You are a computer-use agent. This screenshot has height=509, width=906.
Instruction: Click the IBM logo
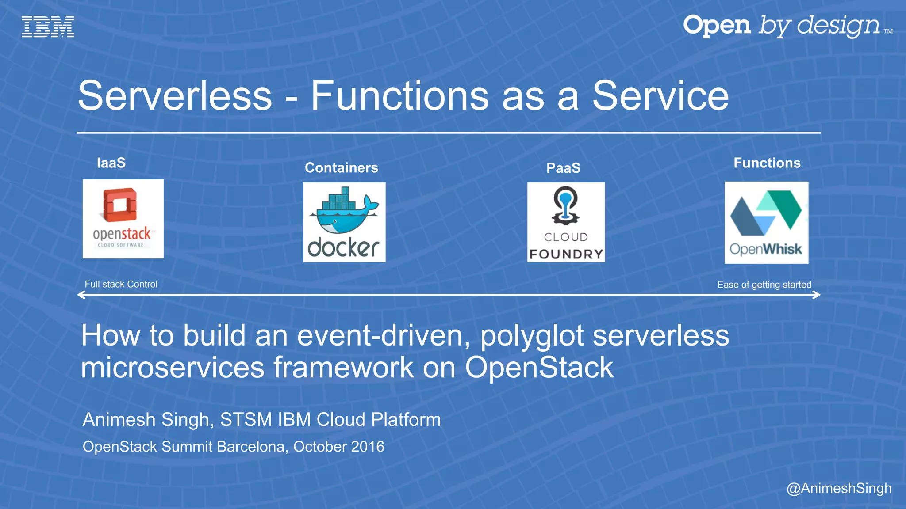pos(48,27)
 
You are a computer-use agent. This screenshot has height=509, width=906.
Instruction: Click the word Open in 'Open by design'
pos(717,26)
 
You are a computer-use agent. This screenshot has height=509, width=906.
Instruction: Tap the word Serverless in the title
pos(175,96)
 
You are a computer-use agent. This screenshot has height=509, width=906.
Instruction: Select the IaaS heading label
pos(111,163)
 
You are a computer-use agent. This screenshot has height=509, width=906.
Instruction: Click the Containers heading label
pos(341,168)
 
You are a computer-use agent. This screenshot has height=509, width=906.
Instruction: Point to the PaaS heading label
pos(563,168)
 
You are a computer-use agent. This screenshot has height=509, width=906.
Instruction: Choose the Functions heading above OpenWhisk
pos(767,163)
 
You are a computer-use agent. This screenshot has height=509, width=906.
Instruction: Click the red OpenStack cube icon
pos(119,205)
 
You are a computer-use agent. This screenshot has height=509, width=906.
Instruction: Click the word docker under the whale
pos(344,247)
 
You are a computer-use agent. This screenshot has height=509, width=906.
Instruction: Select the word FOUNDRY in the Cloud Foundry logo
pos(566,254)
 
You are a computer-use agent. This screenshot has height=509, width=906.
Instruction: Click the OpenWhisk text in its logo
pos(765,249)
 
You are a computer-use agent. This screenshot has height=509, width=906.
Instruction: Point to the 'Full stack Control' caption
pos(121,285)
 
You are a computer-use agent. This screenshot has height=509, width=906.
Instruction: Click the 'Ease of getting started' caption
pos(764,285)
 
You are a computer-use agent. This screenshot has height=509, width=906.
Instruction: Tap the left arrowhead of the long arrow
pos(81,295)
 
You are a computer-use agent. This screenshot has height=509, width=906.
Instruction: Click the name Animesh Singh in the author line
pos(146,420)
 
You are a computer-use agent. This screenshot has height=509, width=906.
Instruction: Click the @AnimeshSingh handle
pos(839,488)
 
